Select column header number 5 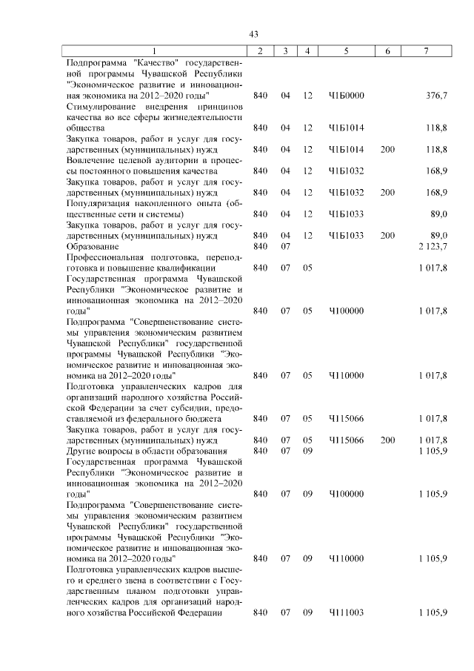(347, 50)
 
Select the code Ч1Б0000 (347, 96)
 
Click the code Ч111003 (347, 612)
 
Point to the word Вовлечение (90, 159)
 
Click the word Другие (80, 450)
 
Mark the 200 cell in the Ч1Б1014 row (387, 149)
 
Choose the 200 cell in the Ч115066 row (387, 440)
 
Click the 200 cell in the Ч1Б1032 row (387, 192)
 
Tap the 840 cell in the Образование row (260, 246)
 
